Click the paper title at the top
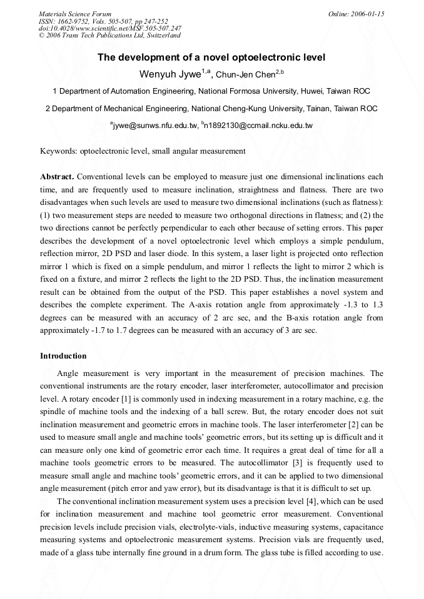point(211,58)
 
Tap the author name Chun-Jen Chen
point(245,76)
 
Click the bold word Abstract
point(57,177)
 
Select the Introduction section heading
point(63,356)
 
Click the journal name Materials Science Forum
point(75,14)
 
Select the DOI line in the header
point(110,28)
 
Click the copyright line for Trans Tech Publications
point(109,36)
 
